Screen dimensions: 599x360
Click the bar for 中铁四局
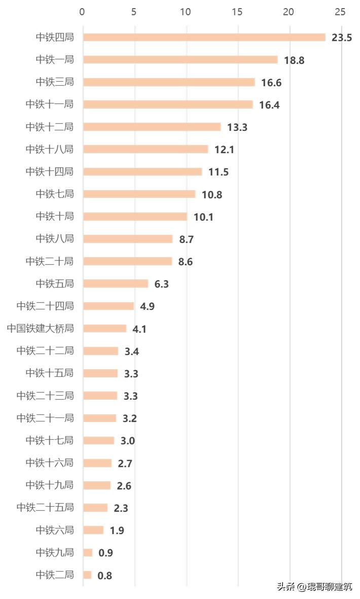[x=204, y=37]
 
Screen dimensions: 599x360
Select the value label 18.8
[x=294, y=60]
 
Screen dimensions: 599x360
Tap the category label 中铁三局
[x=55, y=82]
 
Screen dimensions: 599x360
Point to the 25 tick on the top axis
[x=340, y=12]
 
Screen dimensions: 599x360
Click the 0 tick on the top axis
[x=83, y=12]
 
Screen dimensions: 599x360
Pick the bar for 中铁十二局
[x=152, y=127]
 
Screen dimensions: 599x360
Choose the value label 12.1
[x=225, y=150]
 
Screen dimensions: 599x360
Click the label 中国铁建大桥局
[x=41, y=328]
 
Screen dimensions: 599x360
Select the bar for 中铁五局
[x=116, y=284]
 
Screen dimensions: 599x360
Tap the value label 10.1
[x=203, y=217]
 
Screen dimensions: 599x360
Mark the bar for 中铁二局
[x=87, y=575]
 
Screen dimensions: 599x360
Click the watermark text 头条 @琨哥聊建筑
[x=314, y=587]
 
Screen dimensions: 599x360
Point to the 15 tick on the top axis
[x=237, y=12]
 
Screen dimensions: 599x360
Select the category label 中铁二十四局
[x=45, y=306]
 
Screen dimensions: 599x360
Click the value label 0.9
[x=105, y=553]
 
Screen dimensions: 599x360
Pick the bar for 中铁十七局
[x=98, y=440]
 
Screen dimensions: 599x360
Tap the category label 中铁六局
[x=55, y=530]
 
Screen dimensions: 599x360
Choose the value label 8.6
[x=186, y=262]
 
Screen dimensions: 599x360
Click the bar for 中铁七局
[x=139, y=194]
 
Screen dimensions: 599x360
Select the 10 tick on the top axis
[x=186, y=12]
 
